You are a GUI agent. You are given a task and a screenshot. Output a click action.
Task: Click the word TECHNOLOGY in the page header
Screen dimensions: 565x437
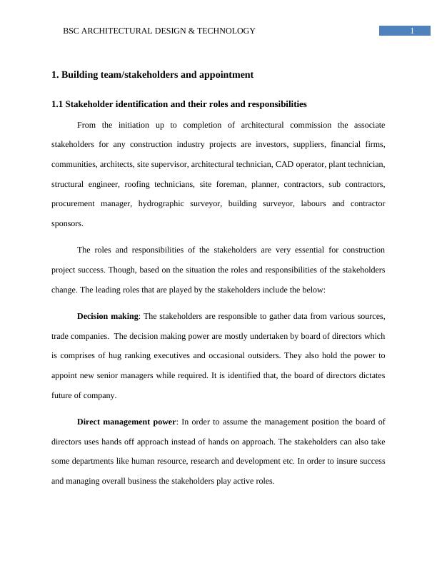[230, 31]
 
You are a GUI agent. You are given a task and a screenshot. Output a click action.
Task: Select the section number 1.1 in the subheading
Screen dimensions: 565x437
[57, 104]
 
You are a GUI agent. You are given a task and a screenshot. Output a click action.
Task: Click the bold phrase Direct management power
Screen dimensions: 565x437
[126, 422]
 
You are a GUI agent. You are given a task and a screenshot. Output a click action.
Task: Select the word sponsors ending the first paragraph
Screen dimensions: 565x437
[67, 223]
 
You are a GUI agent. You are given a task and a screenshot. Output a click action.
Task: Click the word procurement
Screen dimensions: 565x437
[74, 203]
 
